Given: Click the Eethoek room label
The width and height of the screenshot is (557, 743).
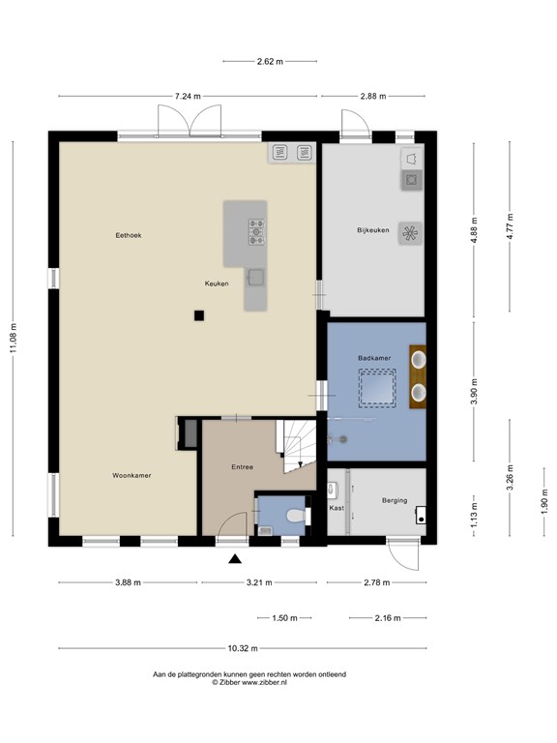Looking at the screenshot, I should pos(129,235).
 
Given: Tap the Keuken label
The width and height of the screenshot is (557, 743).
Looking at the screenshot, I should pos(217,283).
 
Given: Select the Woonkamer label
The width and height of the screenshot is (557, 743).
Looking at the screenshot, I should pos(132,475).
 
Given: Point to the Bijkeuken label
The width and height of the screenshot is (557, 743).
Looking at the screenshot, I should pos(372,229).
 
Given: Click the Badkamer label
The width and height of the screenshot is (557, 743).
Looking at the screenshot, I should pos(374,358).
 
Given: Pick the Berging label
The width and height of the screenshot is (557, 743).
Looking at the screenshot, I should pos(394,500).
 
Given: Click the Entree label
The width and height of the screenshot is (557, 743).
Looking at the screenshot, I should pos(242,467).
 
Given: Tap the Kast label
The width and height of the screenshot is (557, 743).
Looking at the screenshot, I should pos(337,507).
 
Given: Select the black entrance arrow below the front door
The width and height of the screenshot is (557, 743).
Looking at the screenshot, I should pos(234,558).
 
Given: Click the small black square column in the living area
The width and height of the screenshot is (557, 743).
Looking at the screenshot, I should pos(198,314).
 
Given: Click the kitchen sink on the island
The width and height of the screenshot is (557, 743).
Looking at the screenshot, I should pos(256,278).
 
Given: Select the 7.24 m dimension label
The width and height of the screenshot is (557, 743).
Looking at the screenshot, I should pos(188,96).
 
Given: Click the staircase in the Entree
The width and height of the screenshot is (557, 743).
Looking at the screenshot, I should pos(297,446).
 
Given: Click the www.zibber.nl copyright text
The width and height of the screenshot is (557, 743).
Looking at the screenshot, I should pos(249,682).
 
